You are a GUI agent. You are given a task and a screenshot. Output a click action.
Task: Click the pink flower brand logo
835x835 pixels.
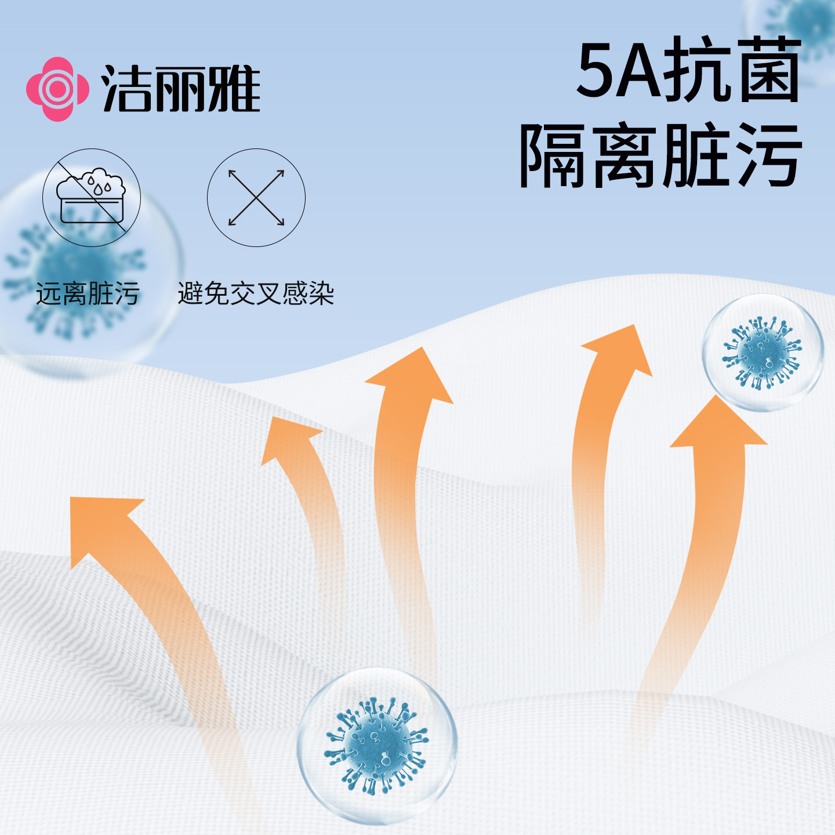coord(57,89)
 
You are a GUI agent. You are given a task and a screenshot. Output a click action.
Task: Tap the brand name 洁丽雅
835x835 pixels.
coord(181,89)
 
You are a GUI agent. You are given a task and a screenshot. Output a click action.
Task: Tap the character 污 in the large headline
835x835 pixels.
coord(769,155)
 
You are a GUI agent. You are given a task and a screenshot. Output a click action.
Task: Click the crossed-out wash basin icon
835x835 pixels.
coord(92,198)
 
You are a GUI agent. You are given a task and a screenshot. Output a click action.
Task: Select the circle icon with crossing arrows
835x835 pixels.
coord(256,198)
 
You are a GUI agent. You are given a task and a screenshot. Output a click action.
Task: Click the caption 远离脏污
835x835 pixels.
coord(88,293)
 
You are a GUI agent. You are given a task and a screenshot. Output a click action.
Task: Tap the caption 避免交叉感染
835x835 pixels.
coord(256,293)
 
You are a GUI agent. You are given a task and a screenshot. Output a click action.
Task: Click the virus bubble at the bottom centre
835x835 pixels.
coord(377,746)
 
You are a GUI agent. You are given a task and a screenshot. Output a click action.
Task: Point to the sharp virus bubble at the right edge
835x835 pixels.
coord(763,353)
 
